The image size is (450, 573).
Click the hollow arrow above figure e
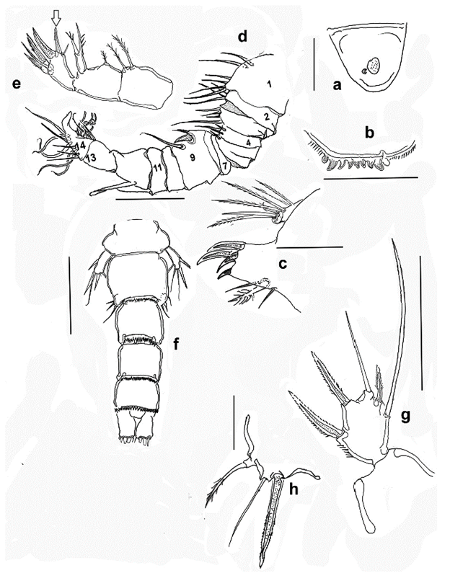click(56, 17)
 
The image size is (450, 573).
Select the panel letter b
click(370, 133)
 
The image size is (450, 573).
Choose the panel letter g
click(405, 416)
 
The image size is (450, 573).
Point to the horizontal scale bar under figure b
click(371, 177)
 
